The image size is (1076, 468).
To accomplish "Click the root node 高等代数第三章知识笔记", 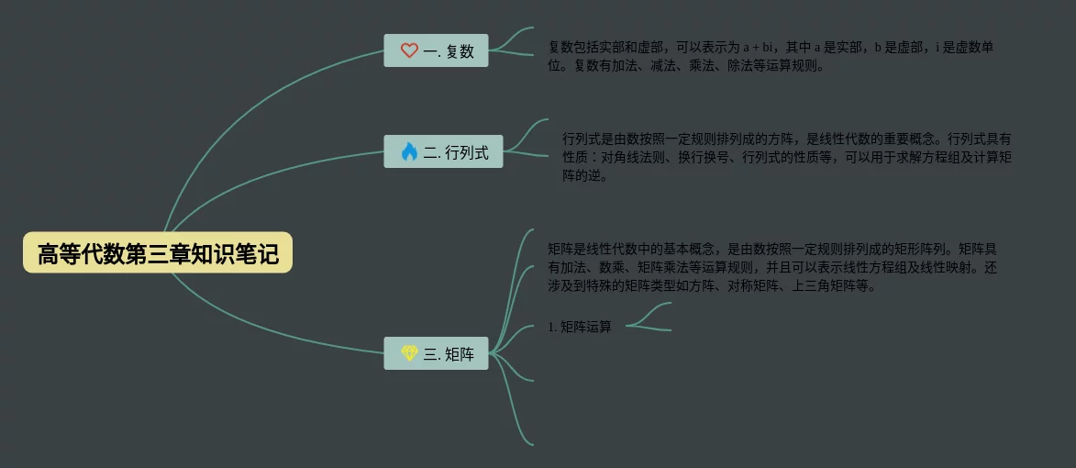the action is [x=158, y=252].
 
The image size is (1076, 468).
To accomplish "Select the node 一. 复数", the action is [x=436, y=50].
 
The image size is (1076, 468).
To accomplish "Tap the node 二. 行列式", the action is [x=443, y=151].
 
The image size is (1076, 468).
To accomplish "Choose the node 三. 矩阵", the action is [x=436, y=353].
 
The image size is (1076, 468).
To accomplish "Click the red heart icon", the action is [x=409, y=50].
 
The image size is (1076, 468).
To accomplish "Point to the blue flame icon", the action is [x=409, y=151].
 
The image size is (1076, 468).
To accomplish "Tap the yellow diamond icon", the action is [x=409, y=353].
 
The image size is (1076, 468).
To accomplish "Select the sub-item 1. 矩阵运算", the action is [x=580, y=327].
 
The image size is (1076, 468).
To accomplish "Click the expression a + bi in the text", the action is [x=760, y=47].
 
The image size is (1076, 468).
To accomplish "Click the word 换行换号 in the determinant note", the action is [x=703, y=158].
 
